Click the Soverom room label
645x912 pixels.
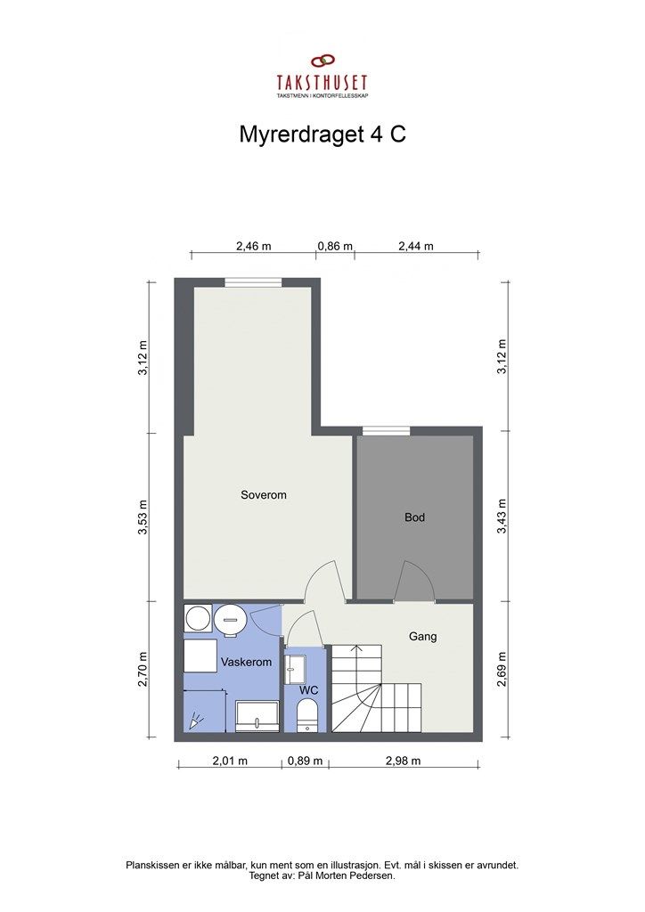[264, 494]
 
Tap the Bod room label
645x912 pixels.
[415, 517]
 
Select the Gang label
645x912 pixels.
[422, 637]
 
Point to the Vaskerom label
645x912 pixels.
[246, 663]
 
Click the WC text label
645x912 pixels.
[309, 690]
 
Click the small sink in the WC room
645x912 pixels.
[295, 664]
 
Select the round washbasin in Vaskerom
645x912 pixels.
[230, 617]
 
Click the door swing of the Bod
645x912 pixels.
[416, 580]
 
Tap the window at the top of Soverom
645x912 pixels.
[253, 282]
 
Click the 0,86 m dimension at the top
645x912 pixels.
[336, 247]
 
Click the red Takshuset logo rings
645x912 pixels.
[322, 61]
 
